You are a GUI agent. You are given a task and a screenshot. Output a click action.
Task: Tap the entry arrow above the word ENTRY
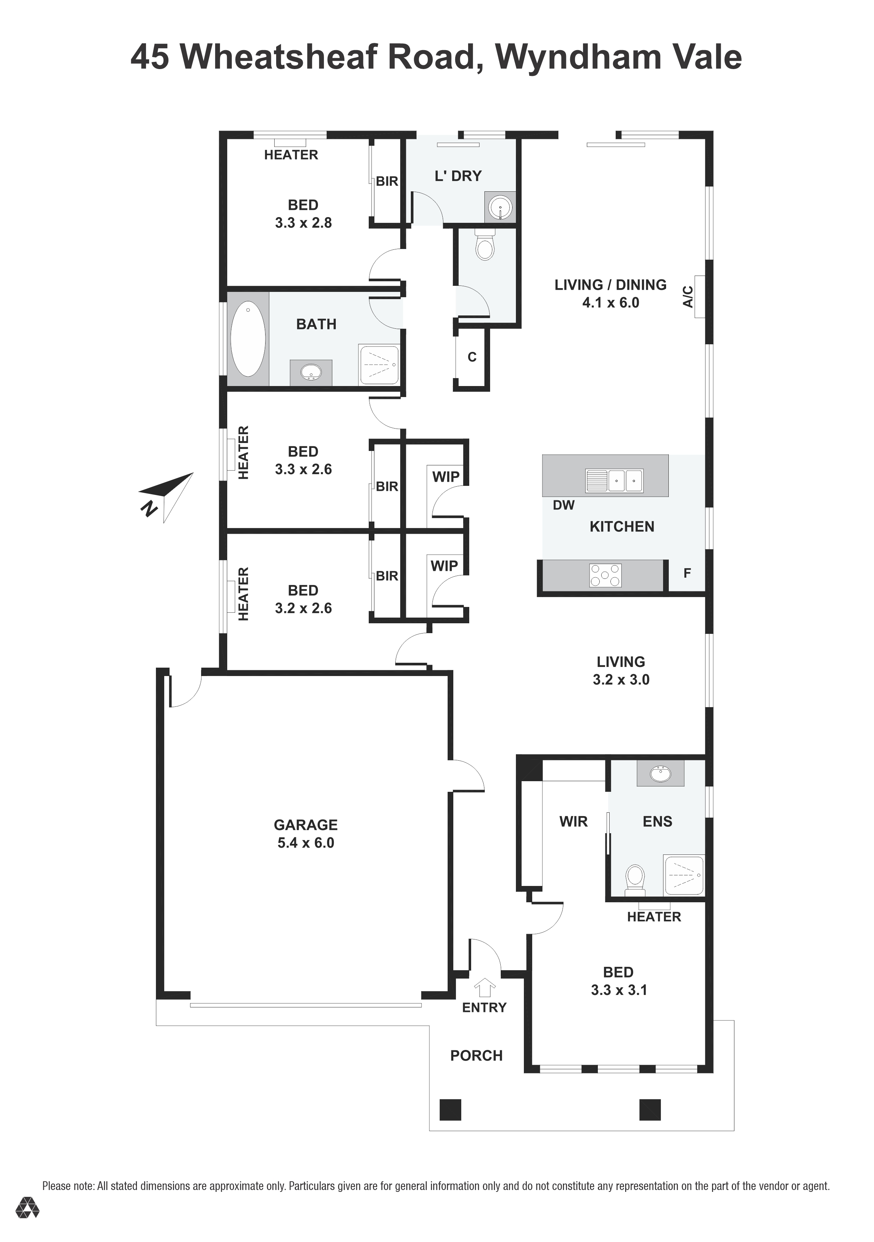[485, 987]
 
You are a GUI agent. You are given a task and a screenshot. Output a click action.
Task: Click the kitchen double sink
[615, 480]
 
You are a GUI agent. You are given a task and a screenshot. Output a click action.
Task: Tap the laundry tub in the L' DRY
[500, 206]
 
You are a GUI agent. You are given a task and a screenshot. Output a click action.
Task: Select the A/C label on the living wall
[688, 297]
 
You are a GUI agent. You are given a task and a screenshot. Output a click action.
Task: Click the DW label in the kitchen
[563, 505]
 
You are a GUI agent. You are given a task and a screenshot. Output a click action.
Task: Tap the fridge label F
[687, 574]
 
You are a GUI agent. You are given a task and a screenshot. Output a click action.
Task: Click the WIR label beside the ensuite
[574, 822]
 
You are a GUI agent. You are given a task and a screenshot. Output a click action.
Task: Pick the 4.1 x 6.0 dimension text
[610, 303]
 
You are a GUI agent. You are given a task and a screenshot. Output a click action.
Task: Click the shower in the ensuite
[684, 875]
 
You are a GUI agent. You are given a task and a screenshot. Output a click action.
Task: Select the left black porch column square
[450, 1110]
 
